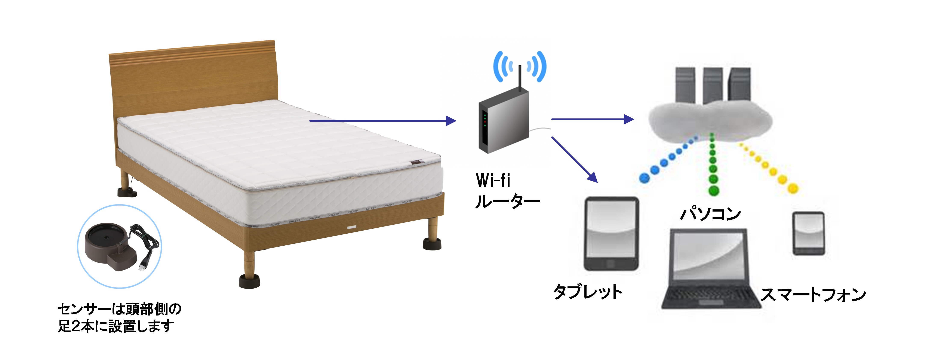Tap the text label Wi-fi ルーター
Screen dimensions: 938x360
pos(507,190)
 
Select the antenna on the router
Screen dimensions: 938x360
pos(520,78)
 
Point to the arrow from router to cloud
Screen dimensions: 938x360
pos(593,119)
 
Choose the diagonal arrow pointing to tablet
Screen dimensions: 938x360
pos(575,159)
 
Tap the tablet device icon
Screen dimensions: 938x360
pos(611,234)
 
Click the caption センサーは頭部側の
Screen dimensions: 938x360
pos(119,309)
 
